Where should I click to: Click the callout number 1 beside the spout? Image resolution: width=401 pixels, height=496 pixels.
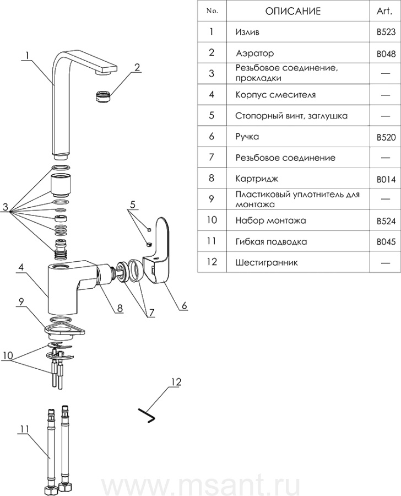click(28, 56)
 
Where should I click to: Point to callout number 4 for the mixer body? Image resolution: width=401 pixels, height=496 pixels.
click(21, 268)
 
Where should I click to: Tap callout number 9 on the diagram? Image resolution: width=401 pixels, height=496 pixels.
click(21, 302)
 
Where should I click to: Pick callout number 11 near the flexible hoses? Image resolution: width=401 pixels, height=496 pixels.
click(24, 429)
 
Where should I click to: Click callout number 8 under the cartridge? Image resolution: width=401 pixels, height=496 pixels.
click(120, 308)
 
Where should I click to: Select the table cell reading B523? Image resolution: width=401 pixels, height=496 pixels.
click(386, 33)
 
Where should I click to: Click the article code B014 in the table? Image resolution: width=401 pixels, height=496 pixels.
click(386, 180)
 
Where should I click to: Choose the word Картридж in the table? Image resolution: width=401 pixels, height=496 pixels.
click(257, 179)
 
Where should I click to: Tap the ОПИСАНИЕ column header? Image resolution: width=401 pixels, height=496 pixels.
click(293, 12)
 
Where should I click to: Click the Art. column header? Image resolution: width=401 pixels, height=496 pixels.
click(384, 12)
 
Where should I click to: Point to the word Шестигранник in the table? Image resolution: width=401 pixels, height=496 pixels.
click(267, 263)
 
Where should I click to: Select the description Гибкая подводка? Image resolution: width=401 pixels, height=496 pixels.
click(271, 242)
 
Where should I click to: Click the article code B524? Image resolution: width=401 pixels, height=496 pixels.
click(386, 221)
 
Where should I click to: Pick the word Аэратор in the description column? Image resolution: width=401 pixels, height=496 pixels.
click(254, 53)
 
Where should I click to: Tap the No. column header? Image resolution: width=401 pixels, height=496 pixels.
click(212, 11)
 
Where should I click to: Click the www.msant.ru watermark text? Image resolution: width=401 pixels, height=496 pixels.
click(201, 484)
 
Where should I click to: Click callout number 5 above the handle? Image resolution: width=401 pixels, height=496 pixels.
click(133, 204)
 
